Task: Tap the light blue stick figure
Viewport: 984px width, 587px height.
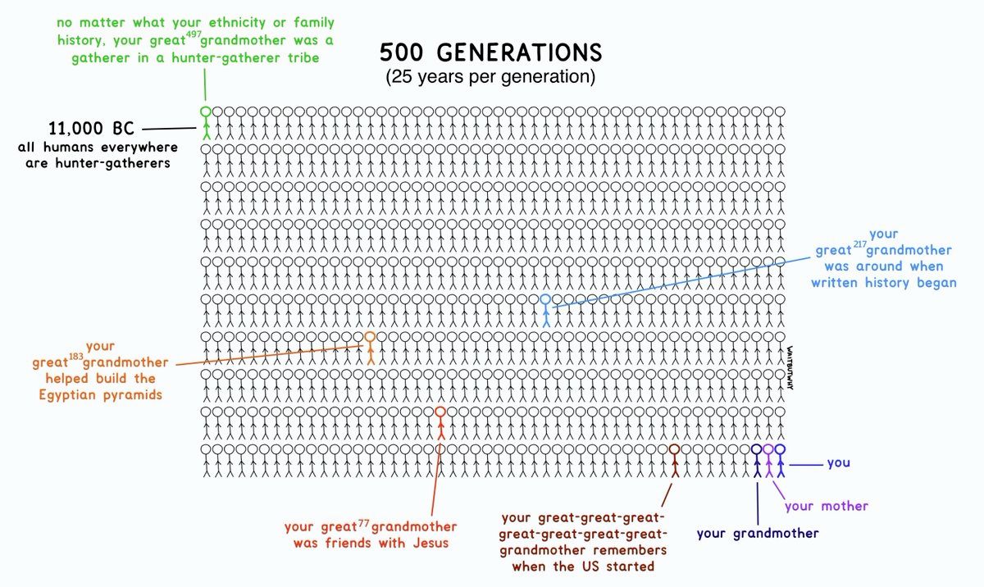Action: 545,310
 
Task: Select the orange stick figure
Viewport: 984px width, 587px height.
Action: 370,348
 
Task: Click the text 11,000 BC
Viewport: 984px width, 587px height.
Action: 91,129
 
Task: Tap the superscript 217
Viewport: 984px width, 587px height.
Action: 859,244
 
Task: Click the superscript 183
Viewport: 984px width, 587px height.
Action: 75,357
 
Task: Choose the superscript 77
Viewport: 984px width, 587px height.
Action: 365,521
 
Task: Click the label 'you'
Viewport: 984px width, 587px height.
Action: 838,463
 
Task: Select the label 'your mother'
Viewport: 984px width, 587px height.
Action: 826,506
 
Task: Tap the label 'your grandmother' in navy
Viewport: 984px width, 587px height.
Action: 758,534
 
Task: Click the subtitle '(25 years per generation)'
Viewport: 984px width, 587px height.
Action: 490,79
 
